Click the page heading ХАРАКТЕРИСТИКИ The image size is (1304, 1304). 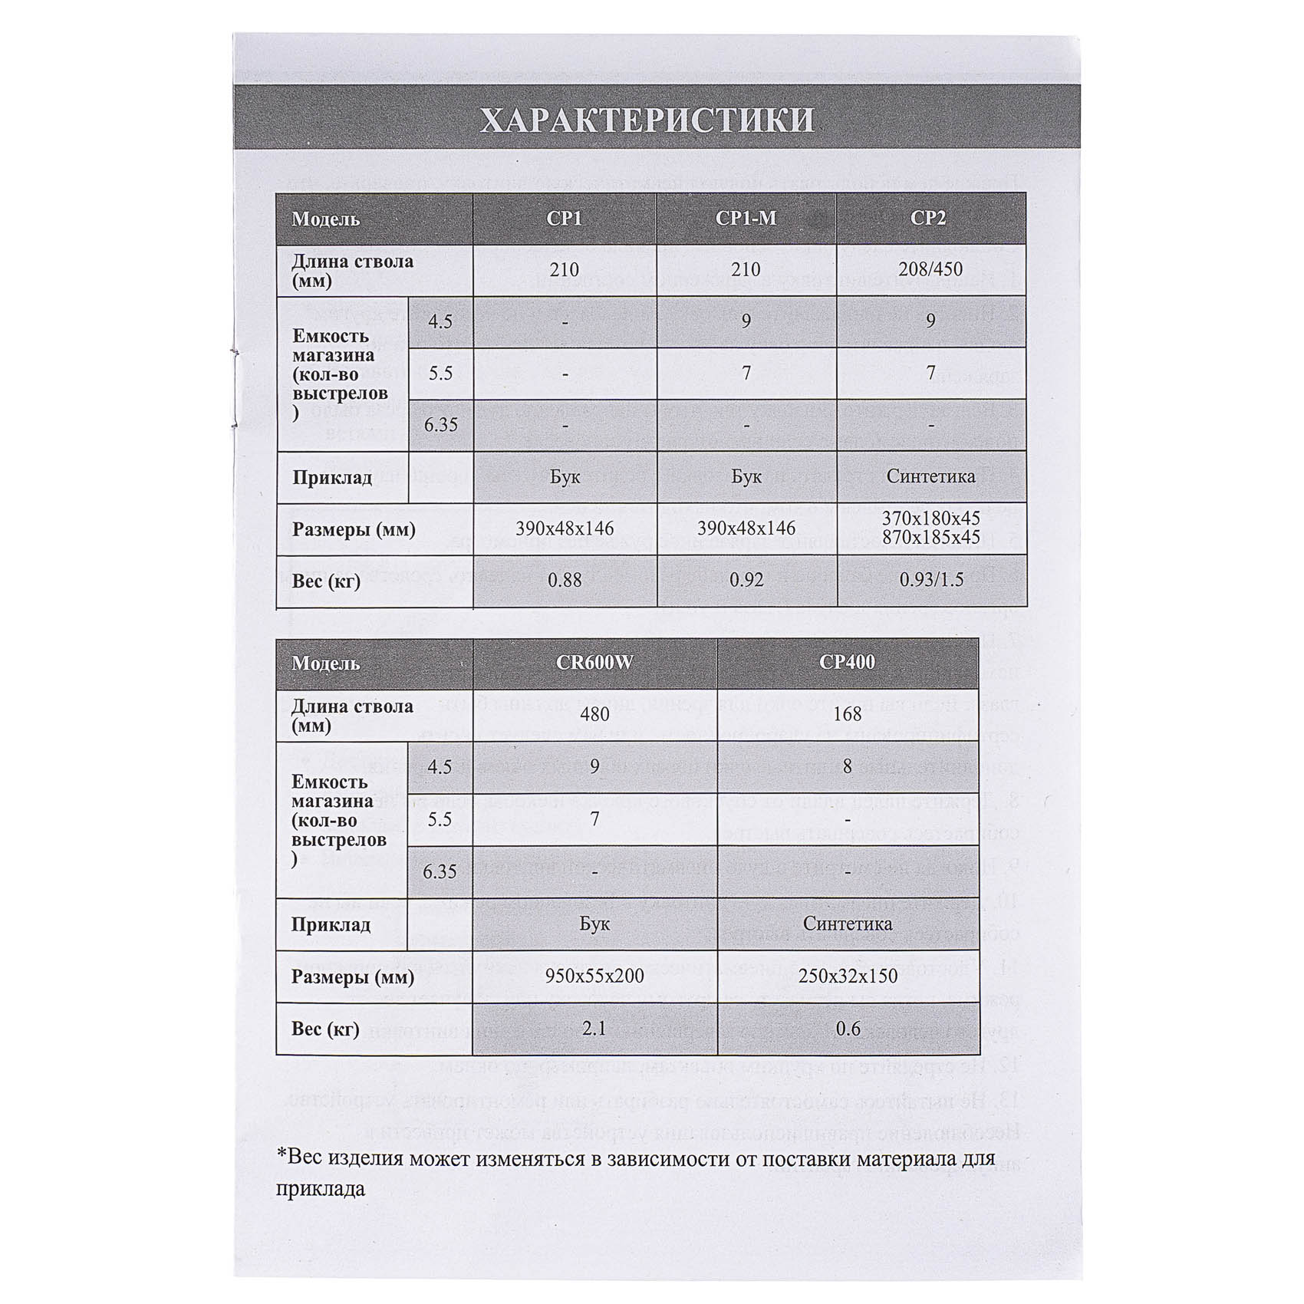(x=647, y=120)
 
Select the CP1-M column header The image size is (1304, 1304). (x=746, y=219)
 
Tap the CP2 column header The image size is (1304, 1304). (x=928, y=219)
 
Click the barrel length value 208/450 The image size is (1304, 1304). (x=930, y=269)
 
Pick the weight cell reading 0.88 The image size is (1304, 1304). (x=565, y=581)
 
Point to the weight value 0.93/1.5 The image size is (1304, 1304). (x=931, y=580)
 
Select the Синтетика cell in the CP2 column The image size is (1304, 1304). (x=930, y=476)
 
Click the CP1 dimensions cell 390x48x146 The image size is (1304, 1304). (x=565, y=529)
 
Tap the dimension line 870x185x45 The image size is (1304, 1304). (x=931, y=538)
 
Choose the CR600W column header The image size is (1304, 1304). (x=594, y=663)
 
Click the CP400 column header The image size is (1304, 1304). (x=847, y=663)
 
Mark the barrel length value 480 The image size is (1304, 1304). (x=594, y=715)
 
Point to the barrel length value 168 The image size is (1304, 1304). (x=847, y=715)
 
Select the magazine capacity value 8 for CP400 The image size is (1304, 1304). (x=847, y=766)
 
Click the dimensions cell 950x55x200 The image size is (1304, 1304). (x=594, y=976)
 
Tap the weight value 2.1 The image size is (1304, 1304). (x=594, y=1029)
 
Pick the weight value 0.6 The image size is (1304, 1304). (x=848, y=1029)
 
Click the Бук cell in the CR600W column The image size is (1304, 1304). (x=594, y=924)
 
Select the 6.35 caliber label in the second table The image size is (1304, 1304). (x=440, y=872)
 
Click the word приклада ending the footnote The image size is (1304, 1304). (x=321, y=1189)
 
